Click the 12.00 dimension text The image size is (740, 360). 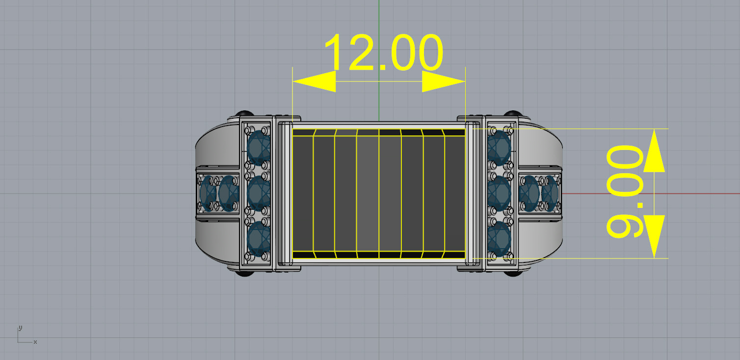[x=383, y=53]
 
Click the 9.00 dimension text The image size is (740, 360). [x=624, y=193]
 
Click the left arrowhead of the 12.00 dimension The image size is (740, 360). [x=315, y=81]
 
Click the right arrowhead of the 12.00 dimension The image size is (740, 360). [x=443, y=81]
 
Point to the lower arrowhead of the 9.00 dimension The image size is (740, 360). [x=654, y=236]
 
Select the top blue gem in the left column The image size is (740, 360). [x=259, y=148]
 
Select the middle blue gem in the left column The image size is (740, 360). [x=259, y=193]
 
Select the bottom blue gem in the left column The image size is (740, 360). [x=259, y=239]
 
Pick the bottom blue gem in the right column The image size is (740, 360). [x=499, y=239]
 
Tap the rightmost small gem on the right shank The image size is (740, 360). [x=551, y=193]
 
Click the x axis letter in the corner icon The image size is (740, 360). [x=35, y=342]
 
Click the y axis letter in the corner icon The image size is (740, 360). [x=20, y=327]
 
